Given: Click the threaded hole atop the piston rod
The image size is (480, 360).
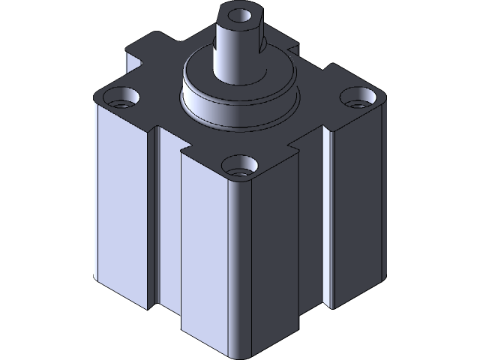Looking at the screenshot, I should [239, 14].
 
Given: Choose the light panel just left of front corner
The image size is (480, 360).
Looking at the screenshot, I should [202, 247].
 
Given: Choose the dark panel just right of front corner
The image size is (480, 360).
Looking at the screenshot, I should [277, 247].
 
